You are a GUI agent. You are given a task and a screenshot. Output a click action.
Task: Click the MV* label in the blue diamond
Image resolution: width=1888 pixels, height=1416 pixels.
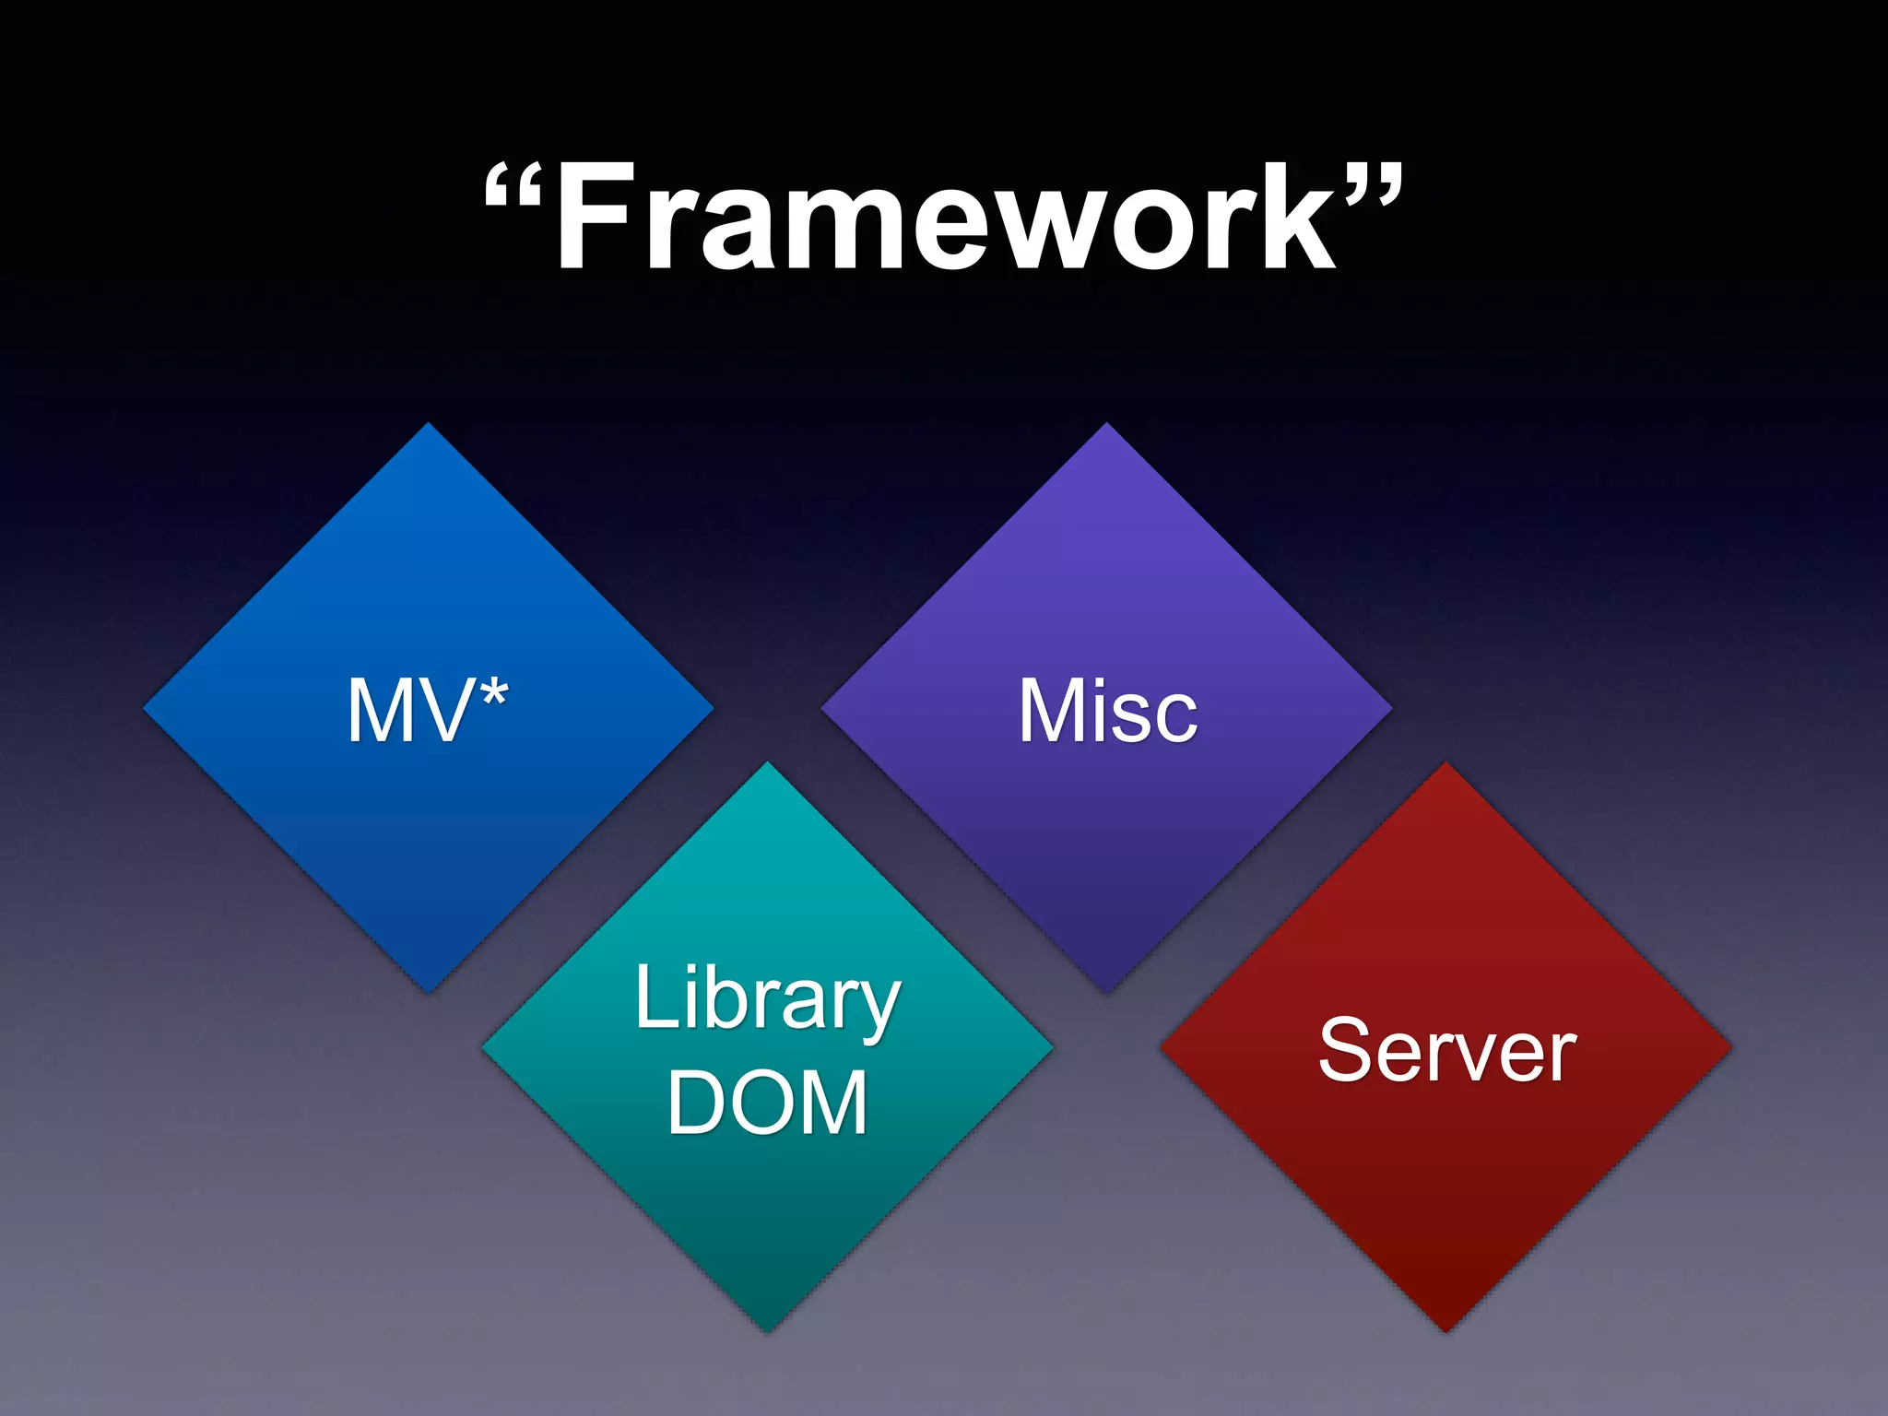coord(428,710)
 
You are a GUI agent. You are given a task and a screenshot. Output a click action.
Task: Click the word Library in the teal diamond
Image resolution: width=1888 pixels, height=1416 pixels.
coord(767,1000)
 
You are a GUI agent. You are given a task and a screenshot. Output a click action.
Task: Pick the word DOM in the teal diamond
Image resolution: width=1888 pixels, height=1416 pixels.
coord(767,1103)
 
